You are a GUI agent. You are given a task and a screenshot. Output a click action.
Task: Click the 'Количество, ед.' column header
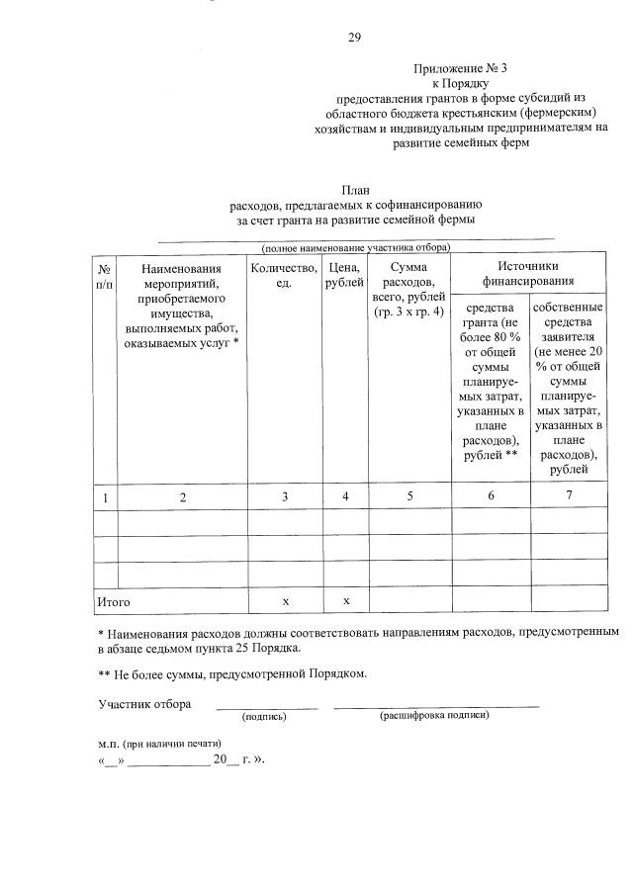click(x=285, y=276)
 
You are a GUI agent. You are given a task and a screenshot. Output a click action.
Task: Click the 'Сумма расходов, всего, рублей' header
click(x=408, y=290)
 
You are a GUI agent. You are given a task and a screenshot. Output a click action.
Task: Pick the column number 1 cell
click(x=105, y=496)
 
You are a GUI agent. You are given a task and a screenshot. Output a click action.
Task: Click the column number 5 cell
click(x=408, y=496)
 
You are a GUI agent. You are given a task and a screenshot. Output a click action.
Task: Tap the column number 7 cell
click(x=569, y=495)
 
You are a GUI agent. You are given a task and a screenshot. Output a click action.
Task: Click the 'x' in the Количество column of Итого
click(x=285, y=600)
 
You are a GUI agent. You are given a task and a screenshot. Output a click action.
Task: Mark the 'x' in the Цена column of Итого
click(x=345, y=600)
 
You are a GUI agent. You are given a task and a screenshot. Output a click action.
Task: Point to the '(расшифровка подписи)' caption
click(x=433, y=715)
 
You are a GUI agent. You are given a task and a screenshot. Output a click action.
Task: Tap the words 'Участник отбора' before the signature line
click(x=144, y=704)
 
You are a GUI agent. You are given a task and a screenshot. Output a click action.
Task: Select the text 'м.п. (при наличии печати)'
click(x=159, y=743)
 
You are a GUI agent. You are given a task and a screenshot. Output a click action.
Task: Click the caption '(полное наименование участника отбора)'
click(x=355, y=246)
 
